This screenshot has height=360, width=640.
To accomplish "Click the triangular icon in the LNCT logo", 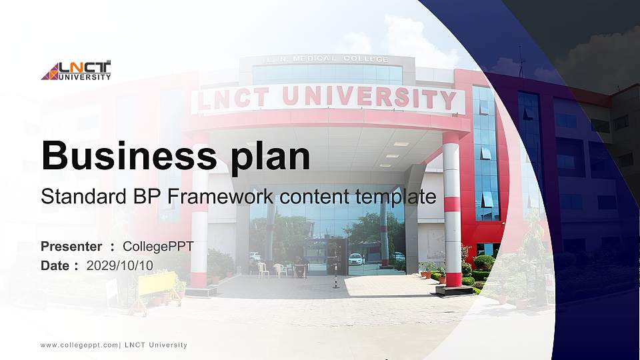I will coord(50,71).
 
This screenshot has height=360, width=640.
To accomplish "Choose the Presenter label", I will coord(71,247).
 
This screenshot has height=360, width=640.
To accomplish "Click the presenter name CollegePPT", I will coord(158,247).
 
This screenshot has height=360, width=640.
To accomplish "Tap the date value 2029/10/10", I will coord(119,265).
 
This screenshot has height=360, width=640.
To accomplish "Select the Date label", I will coord(55,265).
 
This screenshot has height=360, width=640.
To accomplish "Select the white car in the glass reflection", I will coord(356,259).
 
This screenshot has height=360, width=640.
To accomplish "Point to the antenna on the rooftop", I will coord(521,61).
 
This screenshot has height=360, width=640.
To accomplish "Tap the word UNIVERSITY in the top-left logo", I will coord(85,77).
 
